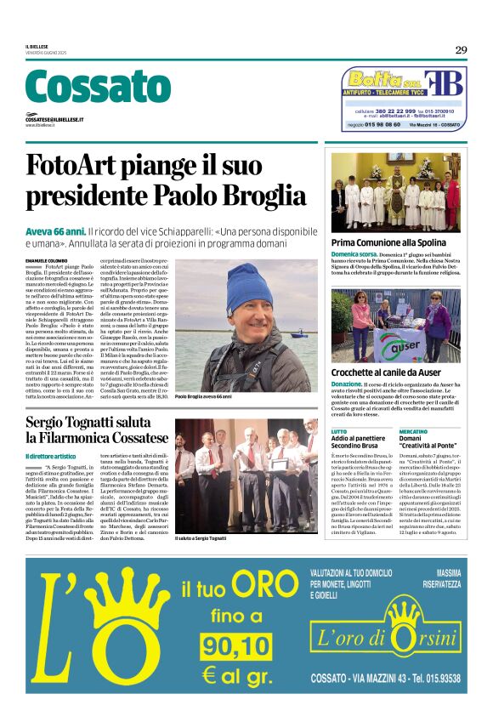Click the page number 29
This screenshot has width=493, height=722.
[x=460, y=50]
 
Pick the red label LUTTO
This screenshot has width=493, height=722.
[x=338, y=432]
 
